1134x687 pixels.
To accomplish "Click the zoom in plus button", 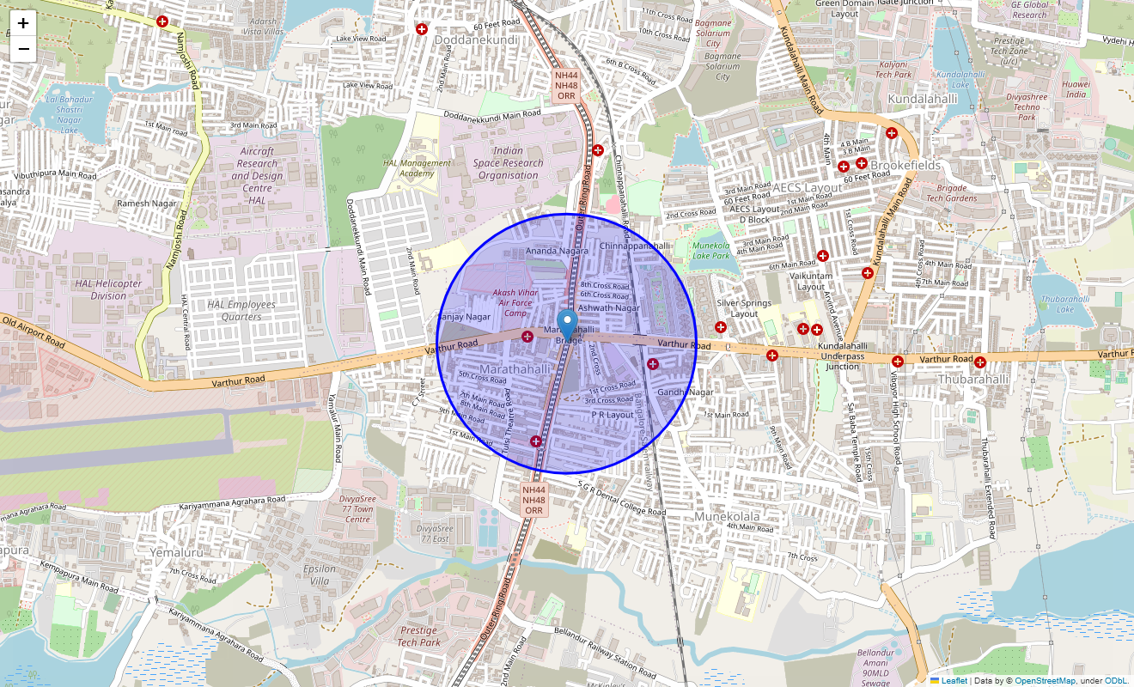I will pyautogui.click(x=23, y=23).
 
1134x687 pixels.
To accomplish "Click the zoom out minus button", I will pyautogui.click(x=23, y=49).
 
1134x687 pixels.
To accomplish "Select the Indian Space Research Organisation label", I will pyautogui.click(x=508, y=163).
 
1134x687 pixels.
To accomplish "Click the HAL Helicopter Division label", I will pyautogui.click(x=108, y=289).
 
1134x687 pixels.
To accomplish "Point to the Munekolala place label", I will pyautogui.click(x=728, y=516).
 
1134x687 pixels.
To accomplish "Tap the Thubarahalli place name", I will pyautogui.click(x=973, y=379).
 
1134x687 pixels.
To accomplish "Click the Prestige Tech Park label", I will pyautogui.click(x=418, y=636).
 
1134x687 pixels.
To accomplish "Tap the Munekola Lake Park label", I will pyautogui.click(x=710, y=250).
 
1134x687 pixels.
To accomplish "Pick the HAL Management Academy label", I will pyautogui.click(x=417, y=168).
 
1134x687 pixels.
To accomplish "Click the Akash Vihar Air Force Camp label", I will pyautogui.click(x=515, y=302).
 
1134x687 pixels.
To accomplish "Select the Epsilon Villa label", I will pyautogui.click(x=320, y=575).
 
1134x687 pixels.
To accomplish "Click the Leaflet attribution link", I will pyautogui.click(x=954, y=680).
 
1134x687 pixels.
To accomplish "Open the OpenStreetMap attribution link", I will pyautogui.click(x=1045, y=680).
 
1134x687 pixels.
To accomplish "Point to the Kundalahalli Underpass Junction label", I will pyautogui.click(x=842, y=356).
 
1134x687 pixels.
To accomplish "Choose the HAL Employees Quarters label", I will pyautogui.click(x=241, y=310).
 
